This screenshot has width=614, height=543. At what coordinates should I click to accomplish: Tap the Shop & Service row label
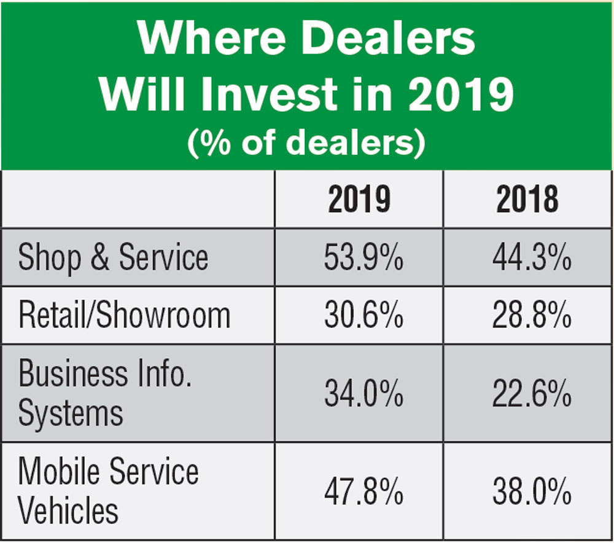click(113, 257)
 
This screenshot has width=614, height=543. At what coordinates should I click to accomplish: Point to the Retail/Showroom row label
click(124, 315)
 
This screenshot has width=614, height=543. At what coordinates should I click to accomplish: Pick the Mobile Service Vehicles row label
click(108, 491)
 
